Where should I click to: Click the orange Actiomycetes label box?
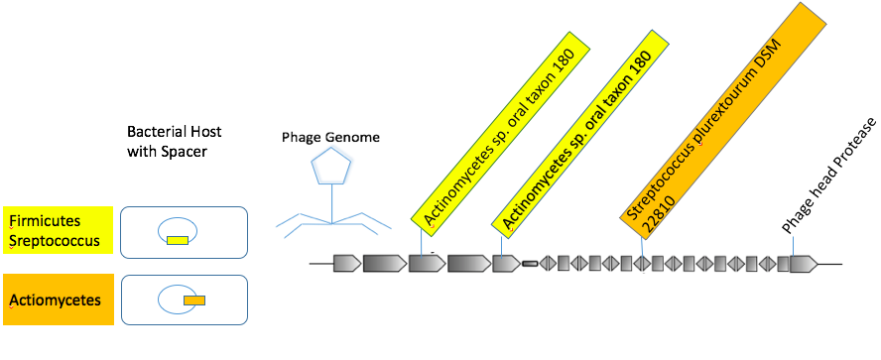tap(58, 300)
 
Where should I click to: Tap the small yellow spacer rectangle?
tap(177, 240)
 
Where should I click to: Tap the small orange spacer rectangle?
tap(194, 300)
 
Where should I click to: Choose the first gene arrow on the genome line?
tap(347, 263)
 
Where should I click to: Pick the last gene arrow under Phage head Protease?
tap(804, 264)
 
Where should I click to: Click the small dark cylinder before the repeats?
tap(530, 264)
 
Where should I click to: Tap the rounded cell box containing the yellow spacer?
tap(185, 232)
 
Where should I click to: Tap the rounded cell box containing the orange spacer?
tap(185, 300)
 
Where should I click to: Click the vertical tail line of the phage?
tap(332, 203)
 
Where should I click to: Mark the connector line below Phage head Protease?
tap(793, 245)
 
